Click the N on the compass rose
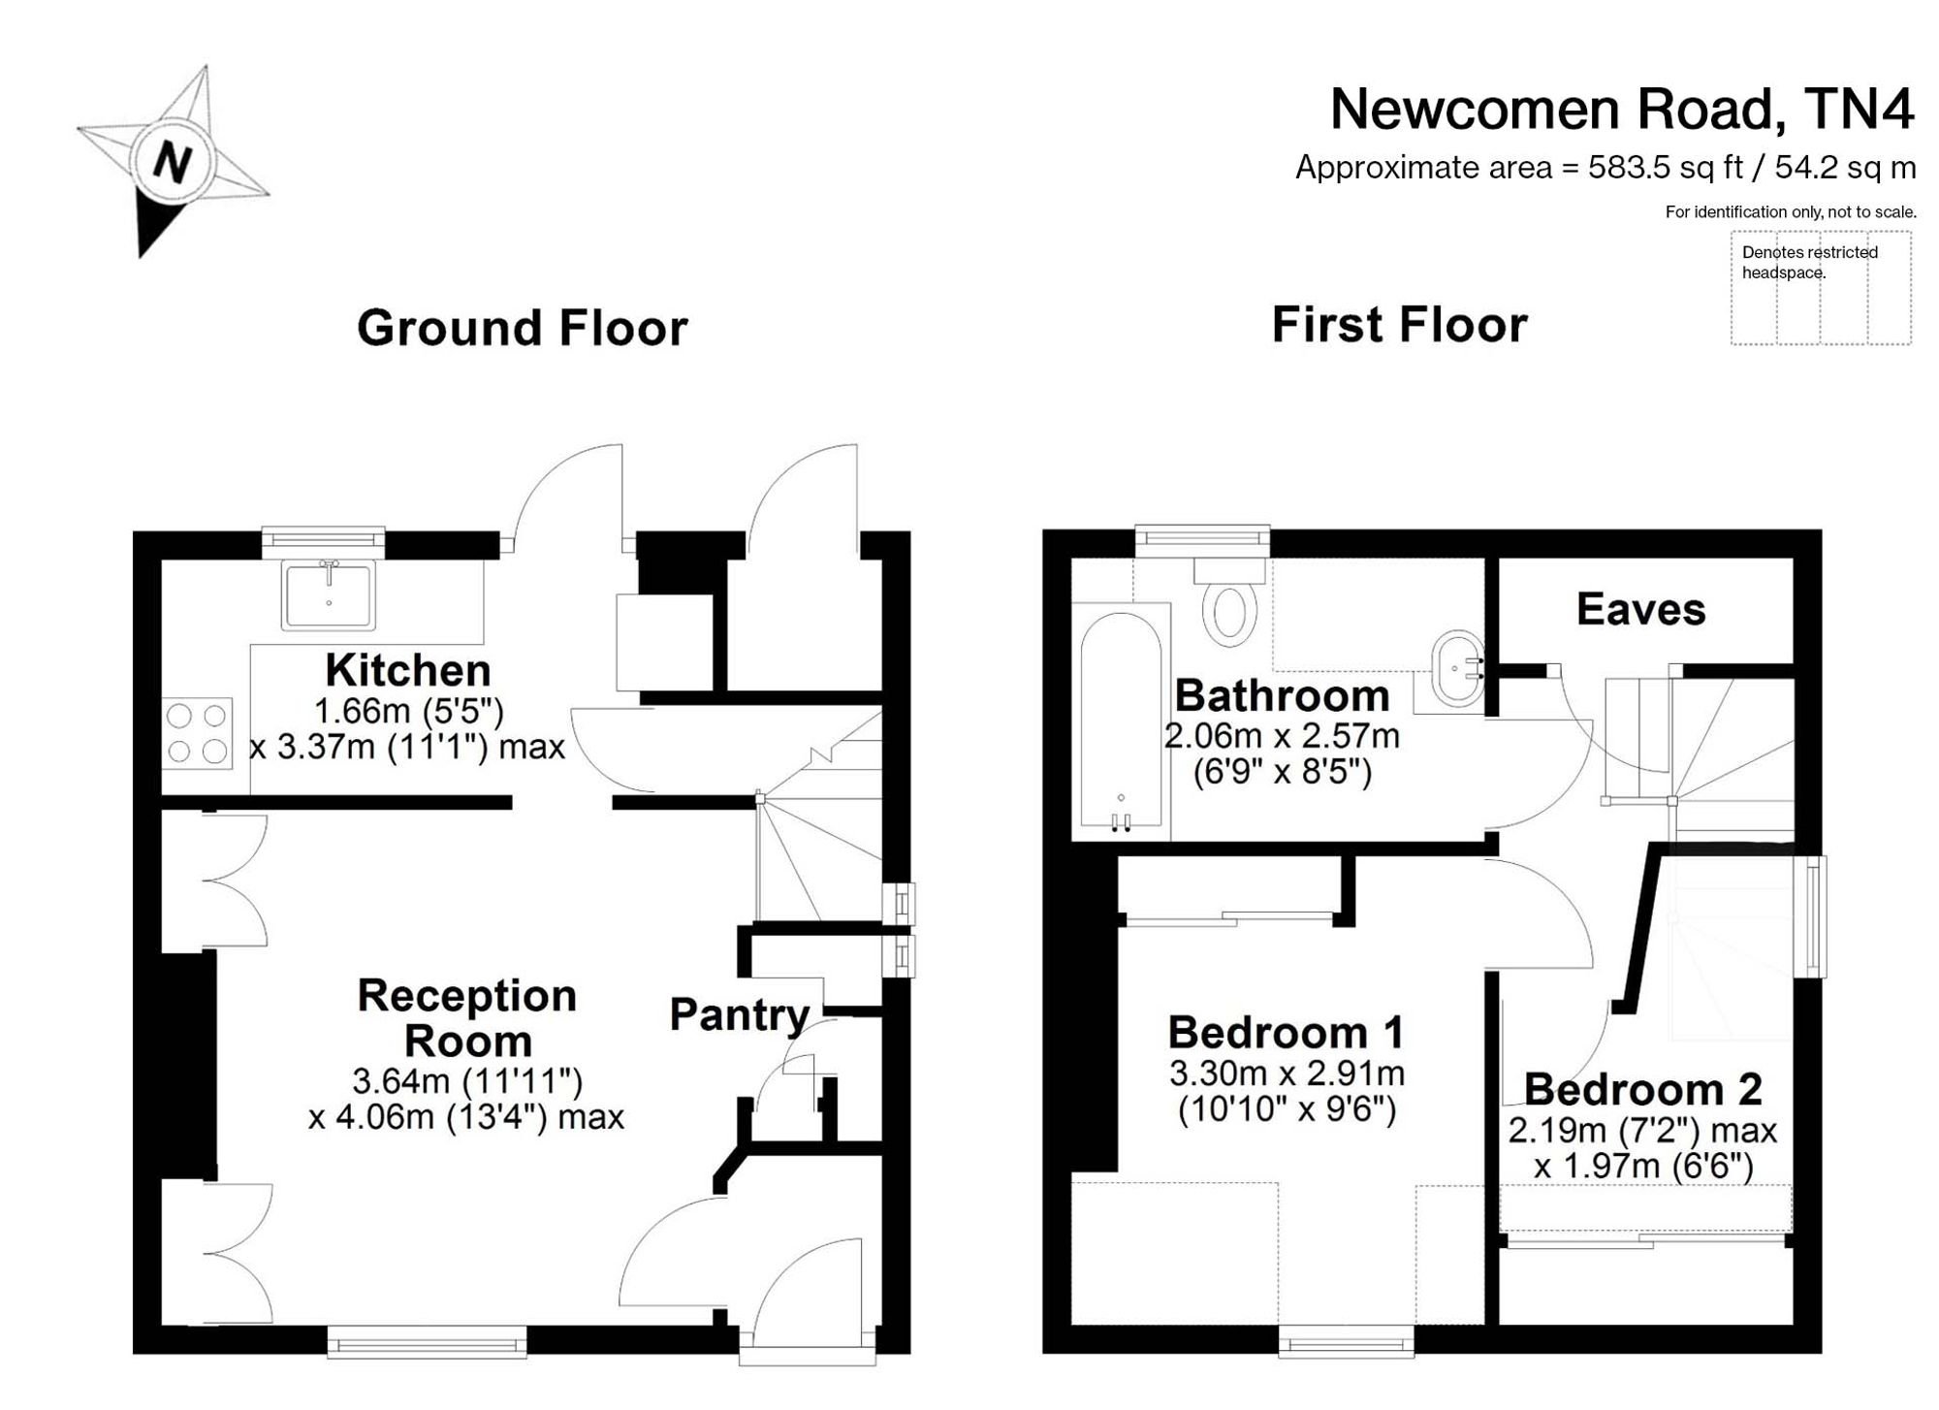click(172, 162)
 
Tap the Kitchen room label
click(408, 670)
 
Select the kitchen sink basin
click(329, 594)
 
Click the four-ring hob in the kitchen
click(197, 733)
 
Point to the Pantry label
click(740, 1015)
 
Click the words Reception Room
click(467, 1018)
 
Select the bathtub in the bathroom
click(1121, 721)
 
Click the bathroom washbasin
click(1458, 668)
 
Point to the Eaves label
click(1640, 609)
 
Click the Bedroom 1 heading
click(1286, 1032)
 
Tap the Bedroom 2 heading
click(1642, 1089)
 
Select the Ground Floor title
click(523, 328)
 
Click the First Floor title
click(1399, 324)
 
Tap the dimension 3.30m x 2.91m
click(1287, 1074)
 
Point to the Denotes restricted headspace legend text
click(1809, 262)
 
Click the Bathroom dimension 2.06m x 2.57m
click(1282, 736)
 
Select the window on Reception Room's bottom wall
click(427, 1343)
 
